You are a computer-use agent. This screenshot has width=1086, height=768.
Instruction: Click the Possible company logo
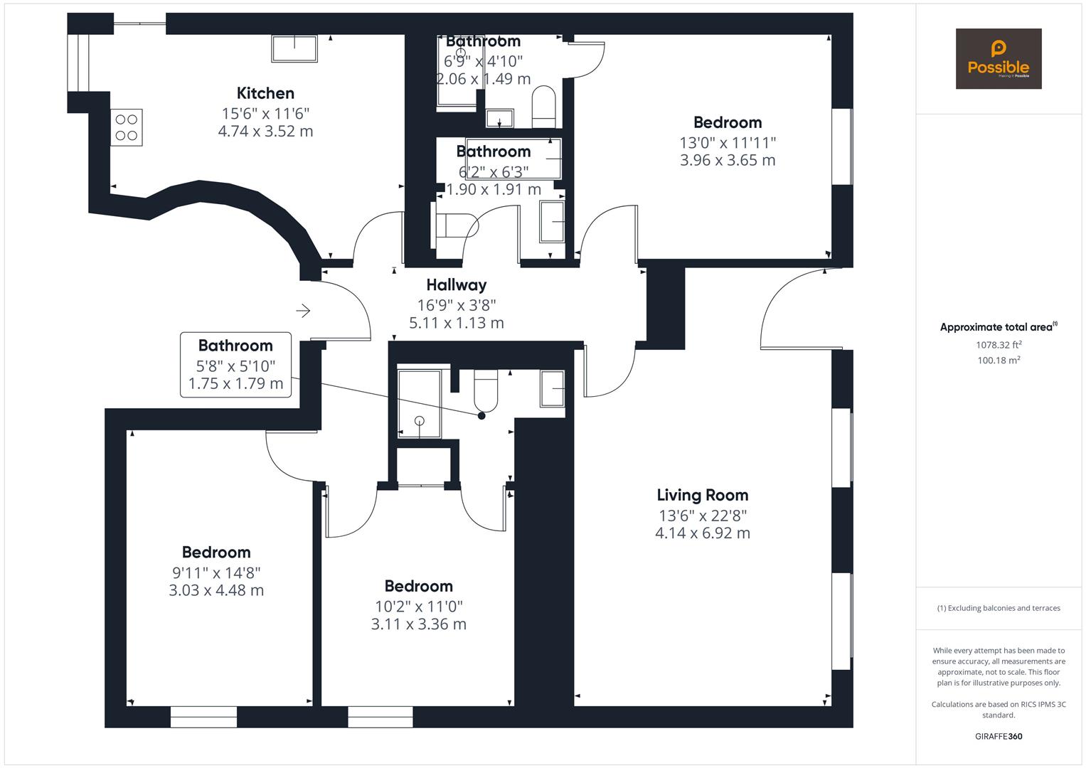[x=998, y=59]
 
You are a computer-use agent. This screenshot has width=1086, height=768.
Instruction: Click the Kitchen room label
[x=265, y=93]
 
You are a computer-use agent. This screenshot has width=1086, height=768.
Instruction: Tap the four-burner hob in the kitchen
[x=127, y=127]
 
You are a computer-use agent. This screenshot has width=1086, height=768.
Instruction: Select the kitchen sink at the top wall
[x=294, y=49]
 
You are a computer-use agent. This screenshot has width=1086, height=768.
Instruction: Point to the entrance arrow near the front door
[x=304, y=311]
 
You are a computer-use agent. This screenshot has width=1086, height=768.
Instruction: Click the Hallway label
[x=456, y=285]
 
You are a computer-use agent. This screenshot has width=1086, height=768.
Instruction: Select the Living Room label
[x=702, y=495]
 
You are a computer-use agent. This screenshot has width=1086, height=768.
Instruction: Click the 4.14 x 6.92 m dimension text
[x=702, y=533]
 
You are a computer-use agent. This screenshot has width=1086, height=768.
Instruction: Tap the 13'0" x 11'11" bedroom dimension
[x=727, y=142]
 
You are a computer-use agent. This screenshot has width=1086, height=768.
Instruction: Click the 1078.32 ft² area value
[x=998, y=345]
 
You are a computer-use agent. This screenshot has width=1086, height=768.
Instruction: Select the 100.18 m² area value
[x=998, y=361]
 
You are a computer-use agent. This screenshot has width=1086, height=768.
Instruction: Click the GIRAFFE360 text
[x=998, y=736]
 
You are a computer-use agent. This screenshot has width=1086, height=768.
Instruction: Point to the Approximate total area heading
[x=998, y=327]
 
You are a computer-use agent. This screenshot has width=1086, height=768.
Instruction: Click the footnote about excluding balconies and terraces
[x=998, y=608]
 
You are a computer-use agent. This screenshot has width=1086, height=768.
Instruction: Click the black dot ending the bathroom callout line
[x=481, y=416]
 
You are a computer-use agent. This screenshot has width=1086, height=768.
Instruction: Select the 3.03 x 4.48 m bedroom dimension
[x=216, y=590]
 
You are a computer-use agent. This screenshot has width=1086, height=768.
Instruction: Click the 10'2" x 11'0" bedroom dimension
[x=418, y=606]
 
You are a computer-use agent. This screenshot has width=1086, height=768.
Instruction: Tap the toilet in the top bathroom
[x=544, y=105]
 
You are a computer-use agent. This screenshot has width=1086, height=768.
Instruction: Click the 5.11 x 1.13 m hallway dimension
[x=456, y=323]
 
